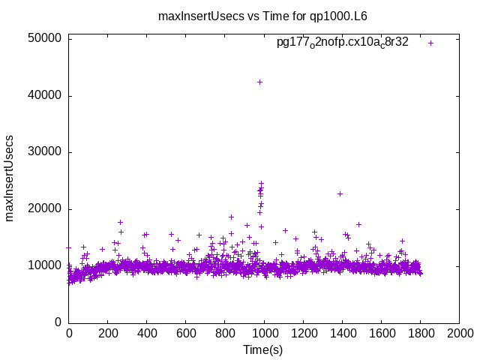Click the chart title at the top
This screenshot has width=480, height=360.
[262, 15]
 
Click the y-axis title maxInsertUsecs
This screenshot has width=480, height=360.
[10, 178]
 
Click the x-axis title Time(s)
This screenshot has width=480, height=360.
[262, 349]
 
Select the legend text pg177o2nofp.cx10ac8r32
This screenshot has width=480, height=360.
[343, 42]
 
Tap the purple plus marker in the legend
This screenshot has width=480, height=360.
[430, 43]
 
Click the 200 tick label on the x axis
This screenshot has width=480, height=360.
[108, 333]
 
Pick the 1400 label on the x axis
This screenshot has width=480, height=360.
[342, 333]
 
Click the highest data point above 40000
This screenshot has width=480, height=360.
[259, 82]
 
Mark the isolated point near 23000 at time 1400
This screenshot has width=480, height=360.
[340, 193]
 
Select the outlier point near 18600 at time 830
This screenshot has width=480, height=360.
[231, 217]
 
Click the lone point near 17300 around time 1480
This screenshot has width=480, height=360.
[358, 224]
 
